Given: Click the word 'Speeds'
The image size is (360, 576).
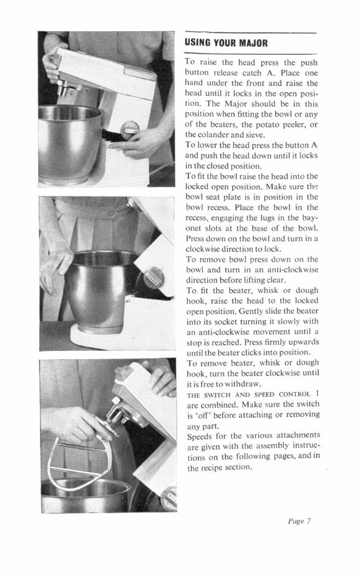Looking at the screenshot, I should [x=200, y=435].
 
